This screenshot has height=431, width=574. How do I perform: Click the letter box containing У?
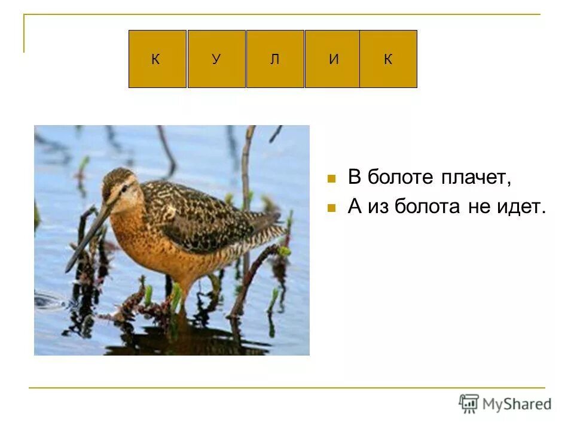coord(216,59)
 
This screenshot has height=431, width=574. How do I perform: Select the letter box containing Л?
coord(275,59)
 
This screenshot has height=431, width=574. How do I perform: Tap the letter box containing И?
coord(332,59)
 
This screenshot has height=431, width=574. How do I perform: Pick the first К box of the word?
coord(157,59)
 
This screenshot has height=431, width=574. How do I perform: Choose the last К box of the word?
coord(388,59)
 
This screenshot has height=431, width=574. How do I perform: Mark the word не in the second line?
coord(478,208)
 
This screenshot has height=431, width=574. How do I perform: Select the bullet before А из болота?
coord(331,208)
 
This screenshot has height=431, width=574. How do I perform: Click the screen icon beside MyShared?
coord(469,403)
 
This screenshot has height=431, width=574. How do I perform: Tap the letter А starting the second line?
coord(355,207)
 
